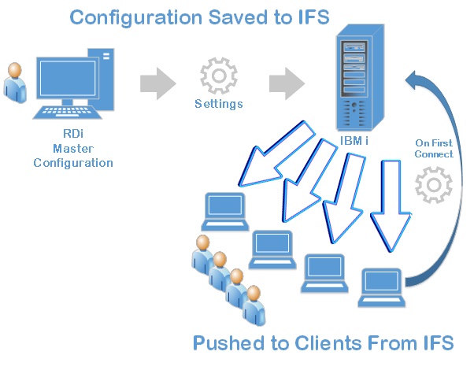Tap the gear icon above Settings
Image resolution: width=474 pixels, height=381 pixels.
(218, 76)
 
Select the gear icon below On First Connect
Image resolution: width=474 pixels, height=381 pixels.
(433, 187)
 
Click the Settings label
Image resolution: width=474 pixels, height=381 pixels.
(219, 104)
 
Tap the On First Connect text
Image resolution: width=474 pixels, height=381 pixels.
(435, 149)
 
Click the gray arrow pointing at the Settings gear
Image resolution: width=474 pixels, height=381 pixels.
(158, 83)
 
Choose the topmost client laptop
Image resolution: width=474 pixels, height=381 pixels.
(224, 207)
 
